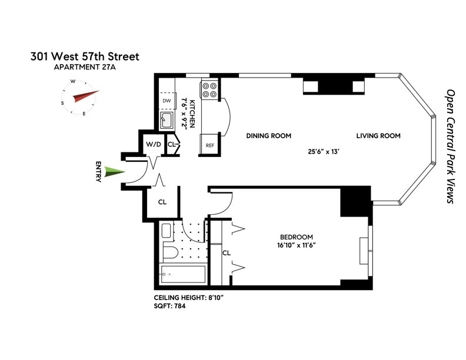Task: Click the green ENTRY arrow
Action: (x=114, y=172)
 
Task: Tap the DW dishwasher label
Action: (x=167, y=101)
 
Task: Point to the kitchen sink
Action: (x=167, y=121)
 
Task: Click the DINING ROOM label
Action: (x=269, y=136)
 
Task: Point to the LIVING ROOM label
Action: (x=378, y=136)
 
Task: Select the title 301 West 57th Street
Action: (x=85, y=56)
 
